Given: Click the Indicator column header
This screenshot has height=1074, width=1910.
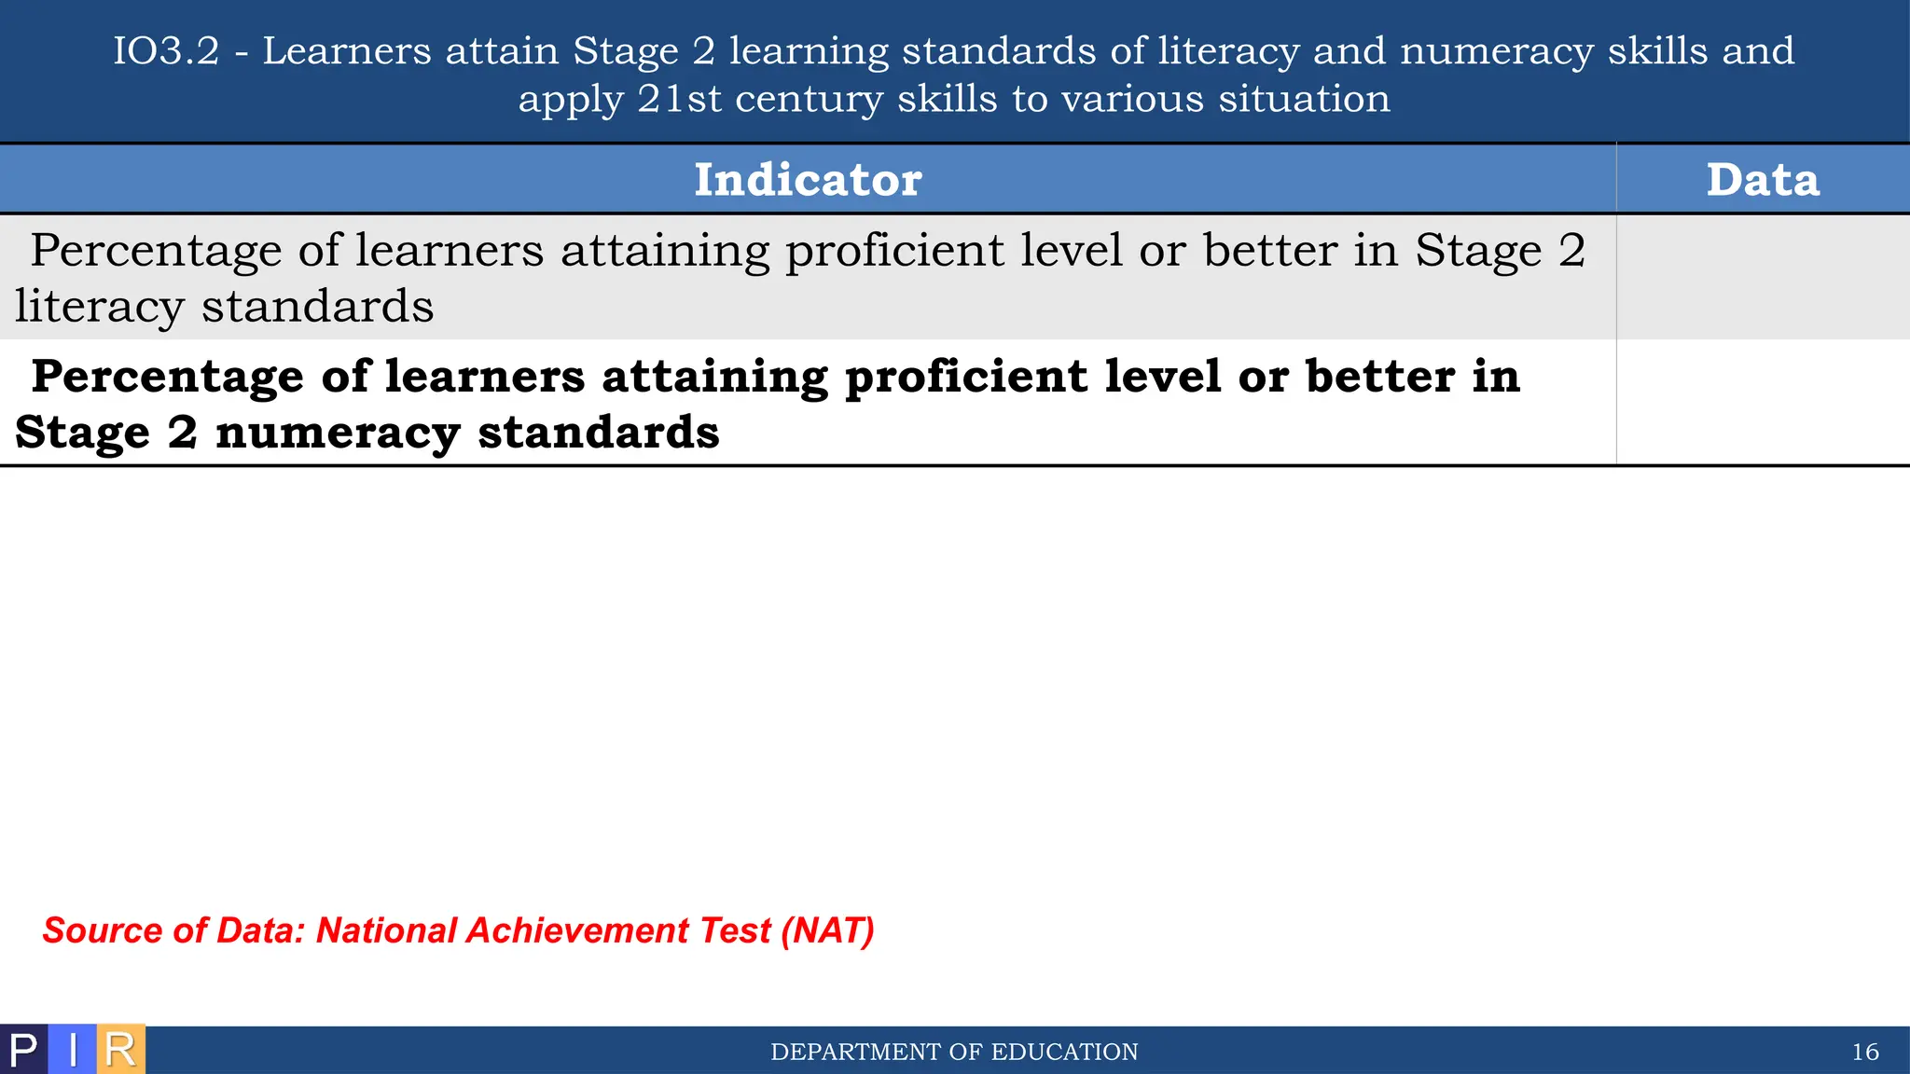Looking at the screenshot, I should click(x=808, y=179).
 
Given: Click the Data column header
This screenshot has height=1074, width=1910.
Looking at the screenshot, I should click(x=1762, y=179).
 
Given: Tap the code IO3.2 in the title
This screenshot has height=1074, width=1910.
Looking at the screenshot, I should click(x=166, y=51).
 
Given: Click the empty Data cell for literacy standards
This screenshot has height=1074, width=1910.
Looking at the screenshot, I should click(x=1762, y=277).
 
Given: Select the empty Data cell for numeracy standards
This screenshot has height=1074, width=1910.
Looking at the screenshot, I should click(x=1762, y=403).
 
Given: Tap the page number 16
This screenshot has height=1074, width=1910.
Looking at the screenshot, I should click(x=1864, y=1053).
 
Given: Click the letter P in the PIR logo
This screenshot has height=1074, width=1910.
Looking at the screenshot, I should click(x=23, y=1051).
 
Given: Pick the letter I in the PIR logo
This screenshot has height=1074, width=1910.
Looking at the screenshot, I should click(x=73, y=1051).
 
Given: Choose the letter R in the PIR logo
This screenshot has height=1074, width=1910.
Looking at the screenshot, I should click(x=120, y=1051).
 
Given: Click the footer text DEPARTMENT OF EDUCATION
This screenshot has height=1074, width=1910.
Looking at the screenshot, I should click(x=954, y=1053).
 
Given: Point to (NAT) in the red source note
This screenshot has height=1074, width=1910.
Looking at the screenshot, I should click(x=827, y=930).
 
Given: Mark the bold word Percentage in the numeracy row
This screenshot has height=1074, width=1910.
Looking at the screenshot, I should click(x=168, y=378).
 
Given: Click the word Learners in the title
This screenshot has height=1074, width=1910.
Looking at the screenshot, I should click(x=346, y=51).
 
